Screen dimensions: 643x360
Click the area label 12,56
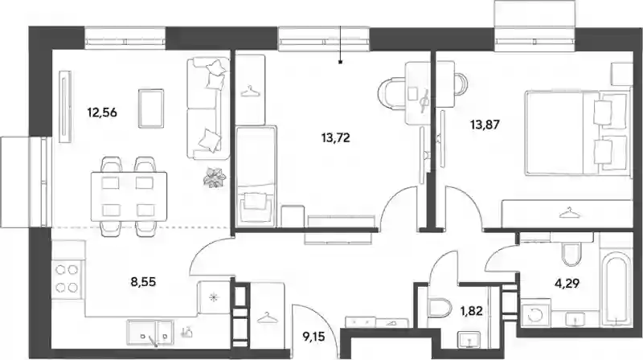tap(102, 112)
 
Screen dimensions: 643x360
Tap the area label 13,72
tap(336, 137)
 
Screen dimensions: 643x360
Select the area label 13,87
tap(485, 125)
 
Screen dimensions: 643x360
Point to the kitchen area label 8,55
tap(143, 282)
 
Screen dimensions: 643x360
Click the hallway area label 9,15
tap(313, 337)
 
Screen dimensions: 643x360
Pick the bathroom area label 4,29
tap(567, 283)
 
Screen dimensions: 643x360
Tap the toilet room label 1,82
tap(471, 311)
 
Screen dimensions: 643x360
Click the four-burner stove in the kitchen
tap(68, 278)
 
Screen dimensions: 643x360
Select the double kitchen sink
tap(150, 332)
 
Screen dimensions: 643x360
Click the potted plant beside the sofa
tap(215, 177)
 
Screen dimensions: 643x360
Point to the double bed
tap(578, 133)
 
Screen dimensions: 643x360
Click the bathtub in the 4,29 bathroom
tap(616, 289)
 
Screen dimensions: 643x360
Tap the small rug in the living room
tap(151, 108)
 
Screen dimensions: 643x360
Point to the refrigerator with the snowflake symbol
tap(213, 297)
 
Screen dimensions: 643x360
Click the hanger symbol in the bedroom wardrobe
tap(567, 212)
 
